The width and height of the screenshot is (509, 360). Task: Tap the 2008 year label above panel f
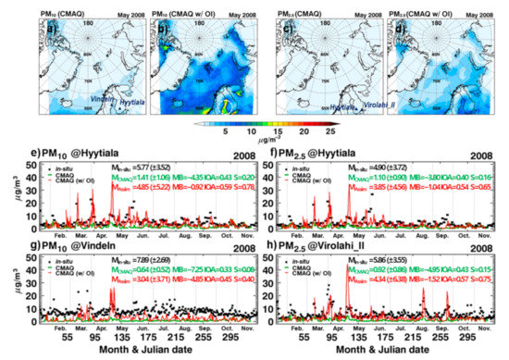[x=485, y=153]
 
